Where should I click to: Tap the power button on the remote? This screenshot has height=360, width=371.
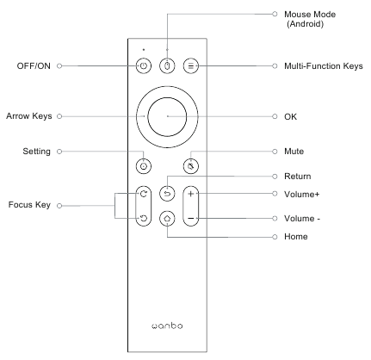pyautogui.click(x=144, y=66)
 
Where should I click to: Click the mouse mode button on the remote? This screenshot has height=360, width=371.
pyautogui.click(x=167, y=66)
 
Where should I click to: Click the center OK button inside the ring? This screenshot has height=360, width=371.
pyautogui.click(x=167, y=116)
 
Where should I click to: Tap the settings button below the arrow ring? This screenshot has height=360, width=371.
pyautogui.click(x=144, y=166)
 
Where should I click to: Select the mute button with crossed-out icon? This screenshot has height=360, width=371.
pyautogui.click(x=191, y=166)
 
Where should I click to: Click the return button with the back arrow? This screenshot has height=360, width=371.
pyautogui.click(x=167, y=194)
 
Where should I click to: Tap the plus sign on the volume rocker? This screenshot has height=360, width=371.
pyautogui.click(x=191, y=194)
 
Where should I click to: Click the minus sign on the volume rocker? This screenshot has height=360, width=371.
pyautogui.click(x=191, y=219)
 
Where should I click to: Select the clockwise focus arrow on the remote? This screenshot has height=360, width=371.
pyautogui.click(x=144, y=194)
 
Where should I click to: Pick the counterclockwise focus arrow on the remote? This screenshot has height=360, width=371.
pyautogui.click(x=144, y=219)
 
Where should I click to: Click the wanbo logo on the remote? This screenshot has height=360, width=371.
pyautogui.click(x=167, y=326)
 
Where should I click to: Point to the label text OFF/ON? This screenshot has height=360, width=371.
pyautogui.click(x=34, y=66)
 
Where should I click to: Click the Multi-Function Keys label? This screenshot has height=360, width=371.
pyautogui.click(x=324, y=66)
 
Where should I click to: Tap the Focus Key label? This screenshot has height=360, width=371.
pyautogui.click(x=29, y=205)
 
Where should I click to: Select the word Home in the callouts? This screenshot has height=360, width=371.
pyautogui.click(x=296, y=237)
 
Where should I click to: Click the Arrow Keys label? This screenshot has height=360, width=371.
pyautogui.click(x=29, y=116)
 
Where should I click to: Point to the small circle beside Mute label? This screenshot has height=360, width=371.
pyautogui.click(x=275, y=152)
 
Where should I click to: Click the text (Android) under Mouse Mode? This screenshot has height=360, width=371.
pyautogui.click(x=306, y=24)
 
